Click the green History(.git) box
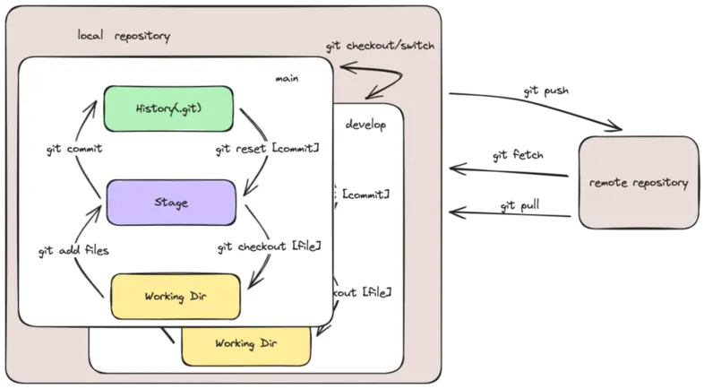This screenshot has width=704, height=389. click(x=168, y=108)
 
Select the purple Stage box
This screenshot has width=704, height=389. click(x=170, y=203)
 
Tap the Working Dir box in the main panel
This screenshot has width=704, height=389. click(x=176, y=296)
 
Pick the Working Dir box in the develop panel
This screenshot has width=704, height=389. click(x=245, y=344)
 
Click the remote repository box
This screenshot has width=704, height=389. click(x=639, y=183)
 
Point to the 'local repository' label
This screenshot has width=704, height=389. click(x=124, y=36)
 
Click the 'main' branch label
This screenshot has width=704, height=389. click(x=287, y=78)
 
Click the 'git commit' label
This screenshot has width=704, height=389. click(x=74, y=149)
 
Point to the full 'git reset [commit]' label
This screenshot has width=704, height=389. click(x=268, y=149)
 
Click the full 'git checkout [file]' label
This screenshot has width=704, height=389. click(x=269, y=245)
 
